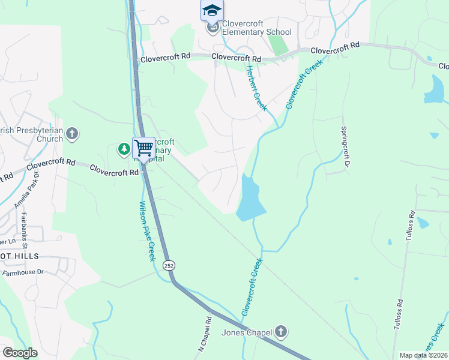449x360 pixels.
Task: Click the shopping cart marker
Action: click(x=143, y=148)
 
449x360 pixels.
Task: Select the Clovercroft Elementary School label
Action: click(x=256, y=28)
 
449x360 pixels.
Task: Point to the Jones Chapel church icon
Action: click(x=281, y=332)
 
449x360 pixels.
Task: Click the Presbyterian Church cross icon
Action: click(x=72, y=134)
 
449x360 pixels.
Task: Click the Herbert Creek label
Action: click(x=256, y=87)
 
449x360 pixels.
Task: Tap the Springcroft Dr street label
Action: click(x=345, y=146)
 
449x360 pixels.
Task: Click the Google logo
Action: click(x=20, y=353)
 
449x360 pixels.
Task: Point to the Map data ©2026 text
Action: click(x=423, y=355)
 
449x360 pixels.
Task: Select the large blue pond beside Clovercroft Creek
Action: click(x=250, y=199)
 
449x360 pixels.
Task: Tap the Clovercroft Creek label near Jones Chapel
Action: click(x=252, y=287)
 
